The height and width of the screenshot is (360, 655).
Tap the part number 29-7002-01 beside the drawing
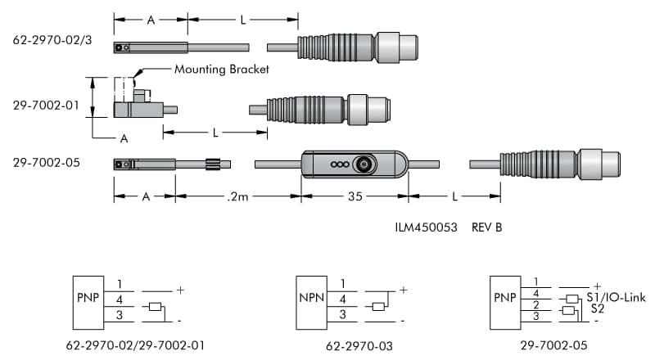click(46, 106)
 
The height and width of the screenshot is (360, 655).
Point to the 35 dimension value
click(354, 197)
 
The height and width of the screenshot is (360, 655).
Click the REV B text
click(486, 227)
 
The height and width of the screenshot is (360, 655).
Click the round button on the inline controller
click(364, 164)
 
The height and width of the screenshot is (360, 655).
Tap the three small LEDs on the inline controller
click(337, 164)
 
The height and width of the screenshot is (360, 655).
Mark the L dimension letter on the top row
click(243, 20)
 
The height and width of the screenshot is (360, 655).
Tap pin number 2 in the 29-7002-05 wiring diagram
click(535, 304)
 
